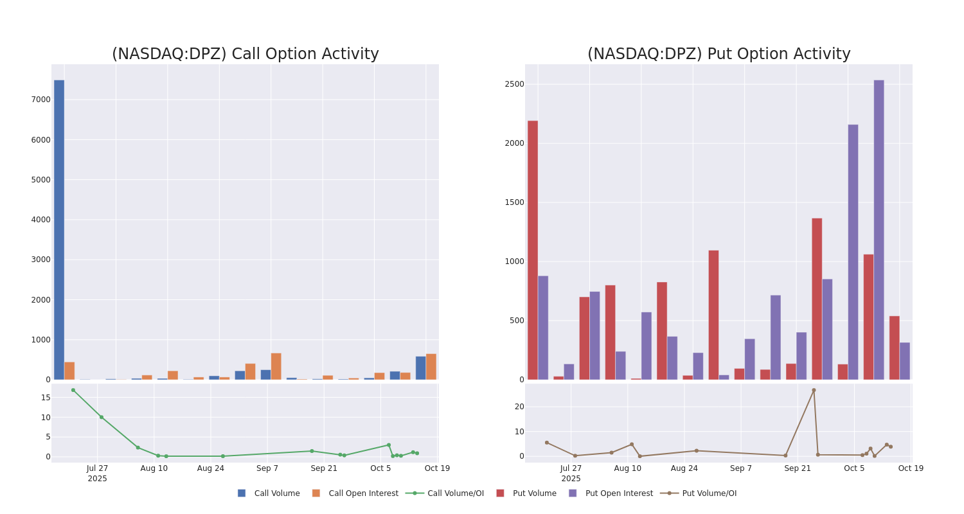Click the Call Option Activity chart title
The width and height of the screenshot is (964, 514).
[x=245, y=54]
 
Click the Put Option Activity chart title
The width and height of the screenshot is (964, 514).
[x=719, y=54]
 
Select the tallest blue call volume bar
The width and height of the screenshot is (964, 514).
[x=59, y=229]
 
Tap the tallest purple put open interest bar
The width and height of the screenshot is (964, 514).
[x=879, y=229]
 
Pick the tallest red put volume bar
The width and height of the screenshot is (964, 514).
[x=533, y=250]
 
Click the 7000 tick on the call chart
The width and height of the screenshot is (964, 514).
[x=40, y=100]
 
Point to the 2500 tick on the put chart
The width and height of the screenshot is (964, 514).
[x=514, y=84]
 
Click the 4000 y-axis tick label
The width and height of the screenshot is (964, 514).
[x=40, y=220]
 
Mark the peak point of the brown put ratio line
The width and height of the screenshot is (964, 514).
[x=814, y=390]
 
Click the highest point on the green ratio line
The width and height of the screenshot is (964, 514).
[x=73, y=390]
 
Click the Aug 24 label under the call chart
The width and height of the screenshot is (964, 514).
[x=211, y=468]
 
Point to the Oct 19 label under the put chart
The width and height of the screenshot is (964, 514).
[x=911, y=468]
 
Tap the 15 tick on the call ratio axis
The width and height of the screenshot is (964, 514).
[x=46, y=398]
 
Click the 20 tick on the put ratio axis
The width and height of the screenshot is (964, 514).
[x=519, y=407]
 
